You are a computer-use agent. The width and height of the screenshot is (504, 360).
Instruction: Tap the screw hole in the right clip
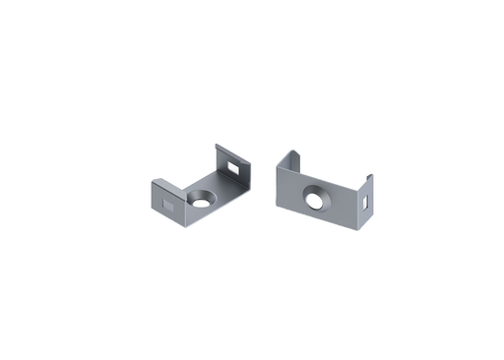pos(317,201)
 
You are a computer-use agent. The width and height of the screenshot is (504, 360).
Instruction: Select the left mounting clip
pos(205,192)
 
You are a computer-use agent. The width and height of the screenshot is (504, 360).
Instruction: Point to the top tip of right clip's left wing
pos(291,150)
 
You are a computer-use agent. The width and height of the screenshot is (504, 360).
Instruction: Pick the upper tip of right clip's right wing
pos(370,175)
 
